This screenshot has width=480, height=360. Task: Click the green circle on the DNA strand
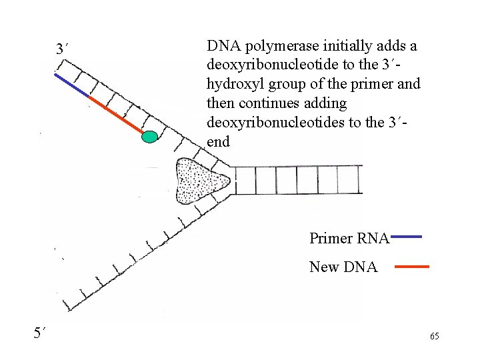tap(151, 137)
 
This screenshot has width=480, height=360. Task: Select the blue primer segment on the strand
tap(71, 86)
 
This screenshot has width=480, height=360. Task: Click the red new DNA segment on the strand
tap(115, 113)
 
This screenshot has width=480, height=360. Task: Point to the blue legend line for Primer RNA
tap(405, 236)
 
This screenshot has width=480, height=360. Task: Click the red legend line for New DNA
tap(411, 267)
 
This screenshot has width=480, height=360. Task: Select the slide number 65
tap(434, 336)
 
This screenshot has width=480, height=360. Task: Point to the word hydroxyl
tap(235, 85)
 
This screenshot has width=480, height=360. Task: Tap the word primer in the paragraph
tap(381, 85)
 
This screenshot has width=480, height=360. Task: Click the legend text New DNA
tap(343, 267)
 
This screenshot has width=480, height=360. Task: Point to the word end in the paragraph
tap(218, 141)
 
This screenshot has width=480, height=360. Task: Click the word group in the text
tap(287, 85)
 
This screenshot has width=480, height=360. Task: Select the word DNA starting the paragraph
tap(223, 46)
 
